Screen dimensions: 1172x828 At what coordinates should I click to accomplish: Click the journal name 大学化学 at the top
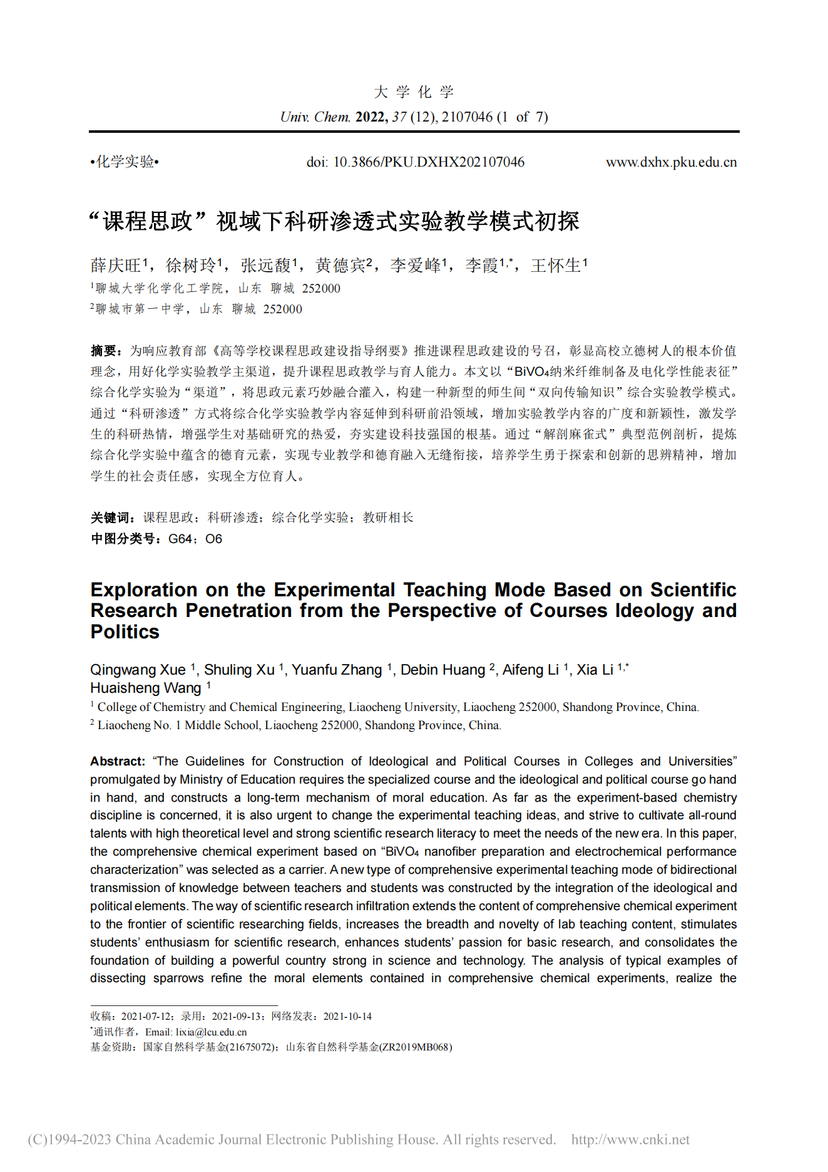click(x=414, y=93)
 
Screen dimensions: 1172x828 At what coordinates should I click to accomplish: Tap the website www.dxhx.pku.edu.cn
click(x=671, y=162)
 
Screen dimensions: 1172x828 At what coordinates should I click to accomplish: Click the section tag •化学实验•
click(x=125, y=162)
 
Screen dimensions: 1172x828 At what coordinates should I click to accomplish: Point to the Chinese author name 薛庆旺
click(x=116, y=266)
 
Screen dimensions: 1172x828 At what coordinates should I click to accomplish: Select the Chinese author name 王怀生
click(x=556, y=266)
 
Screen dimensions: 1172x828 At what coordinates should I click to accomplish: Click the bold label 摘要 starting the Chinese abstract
click(x=103, y=351)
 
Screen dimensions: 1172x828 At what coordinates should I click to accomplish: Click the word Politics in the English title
click(x=125, y=631)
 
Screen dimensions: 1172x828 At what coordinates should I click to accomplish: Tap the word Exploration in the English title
click(x=144, y=590)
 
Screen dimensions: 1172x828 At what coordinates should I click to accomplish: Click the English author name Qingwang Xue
click(x=138, y=670)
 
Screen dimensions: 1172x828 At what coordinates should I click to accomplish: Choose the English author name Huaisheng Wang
click(x=145, y=688)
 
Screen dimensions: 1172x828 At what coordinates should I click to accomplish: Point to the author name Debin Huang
click(x=442, y=670)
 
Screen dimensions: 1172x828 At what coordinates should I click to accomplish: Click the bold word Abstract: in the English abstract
click(x=118, y=761)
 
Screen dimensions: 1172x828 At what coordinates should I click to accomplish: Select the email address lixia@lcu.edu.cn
click(x=211, y=1032)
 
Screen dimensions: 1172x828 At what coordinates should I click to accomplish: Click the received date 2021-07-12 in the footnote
click(x=147, y=1016)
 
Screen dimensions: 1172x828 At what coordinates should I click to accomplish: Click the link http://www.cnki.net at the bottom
click(x=630, y=1139)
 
